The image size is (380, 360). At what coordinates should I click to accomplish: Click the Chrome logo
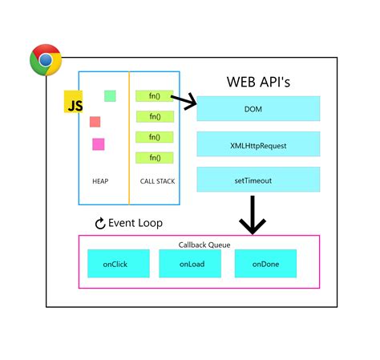click(46, 60)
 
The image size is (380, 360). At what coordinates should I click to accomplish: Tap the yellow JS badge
click(73, 102)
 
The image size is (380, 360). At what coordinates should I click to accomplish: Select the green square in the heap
click(110, 96)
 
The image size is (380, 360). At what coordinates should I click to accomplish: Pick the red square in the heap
click(95, 122)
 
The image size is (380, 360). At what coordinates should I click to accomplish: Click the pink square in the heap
click(99, 144)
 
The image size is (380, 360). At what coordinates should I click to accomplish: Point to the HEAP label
click(100, 181)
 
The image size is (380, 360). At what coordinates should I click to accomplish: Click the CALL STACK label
click(157, 181)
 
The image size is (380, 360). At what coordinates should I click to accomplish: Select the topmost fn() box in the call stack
click(155, 96)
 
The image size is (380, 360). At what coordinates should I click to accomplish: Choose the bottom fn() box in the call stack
click(155, 158)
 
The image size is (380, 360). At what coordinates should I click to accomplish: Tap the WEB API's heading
click(258, 82)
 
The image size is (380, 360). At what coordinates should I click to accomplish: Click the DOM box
click(258, 108)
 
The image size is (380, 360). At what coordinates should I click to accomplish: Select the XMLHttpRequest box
click(258, 144)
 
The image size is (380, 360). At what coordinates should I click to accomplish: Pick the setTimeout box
click(258, 180)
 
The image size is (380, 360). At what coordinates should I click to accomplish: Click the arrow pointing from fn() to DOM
click(184, 100)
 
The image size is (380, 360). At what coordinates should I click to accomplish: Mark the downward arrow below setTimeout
click(253, 215)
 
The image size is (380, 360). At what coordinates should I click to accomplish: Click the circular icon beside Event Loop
click(100, 224)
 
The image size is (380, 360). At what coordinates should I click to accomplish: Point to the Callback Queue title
click(204, 245)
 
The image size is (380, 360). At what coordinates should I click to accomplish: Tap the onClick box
click(119, 264)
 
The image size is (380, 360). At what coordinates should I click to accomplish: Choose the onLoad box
click(190, 264)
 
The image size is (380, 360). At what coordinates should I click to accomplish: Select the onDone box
click(265, 264)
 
